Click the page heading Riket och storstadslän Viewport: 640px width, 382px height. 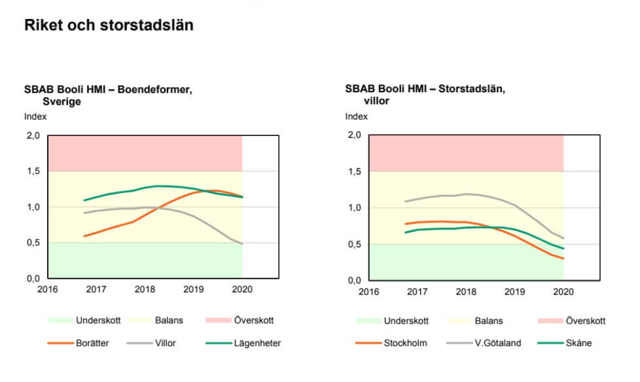109,26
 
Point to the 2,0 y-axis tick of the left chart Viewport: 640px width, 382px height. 33,136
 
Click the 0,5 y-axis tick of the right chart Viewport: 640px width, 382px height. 354,245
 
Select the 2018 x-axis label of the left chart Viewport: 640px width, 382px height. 145,289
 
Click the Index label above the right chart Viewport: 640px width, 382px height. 357,117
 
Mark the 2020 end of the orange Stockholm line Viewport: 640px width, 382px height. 563,258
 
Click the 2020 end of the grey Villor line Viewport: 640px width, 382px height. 242,244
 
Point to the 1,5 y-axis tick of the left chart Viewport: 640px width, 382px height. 33,171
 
